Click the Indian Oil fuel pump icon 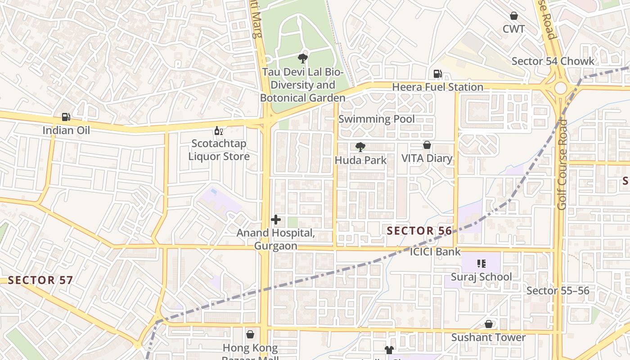66,117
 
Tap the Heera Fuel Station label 437,87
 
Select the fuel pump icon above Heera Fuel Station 437,74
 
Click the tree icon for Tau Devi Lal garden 303,58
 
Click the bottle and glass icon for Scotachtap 219,131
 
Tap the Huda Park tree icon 360,147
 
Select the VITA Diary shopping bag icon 427,145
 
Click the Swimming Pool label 376,119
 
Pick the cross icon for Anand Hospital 276,220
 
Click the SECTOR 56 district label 419,231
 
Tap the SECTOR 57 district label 40,280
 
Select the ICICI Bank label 435,252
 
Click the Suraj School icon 481,263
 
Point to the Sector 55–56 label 558,291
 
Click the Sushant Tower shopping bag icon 489,324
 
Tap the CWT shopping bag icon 513,16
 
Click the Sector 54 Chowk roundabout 560,88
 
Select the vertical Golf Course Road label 562,164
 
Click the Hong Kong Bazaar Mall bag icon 250,334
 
